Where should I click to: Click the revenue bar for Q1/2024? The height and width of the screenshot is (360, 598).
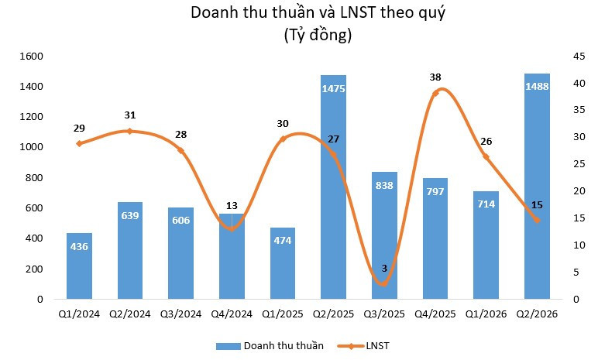79,266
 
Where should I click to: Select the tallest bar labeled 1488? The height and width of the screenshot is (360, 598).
537,186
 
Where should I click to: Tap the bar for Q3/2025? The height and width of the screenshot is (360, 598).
384,235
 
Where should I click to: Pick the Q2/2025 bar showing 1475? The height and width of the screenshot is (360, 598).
333,187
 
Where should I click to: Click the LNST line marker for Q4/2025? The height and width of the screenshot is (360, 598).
435,93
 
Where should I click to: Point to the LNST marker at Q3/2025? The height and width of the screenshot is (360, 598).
384,283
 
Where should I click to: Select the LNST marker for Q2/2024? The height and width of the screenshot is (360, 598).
129,131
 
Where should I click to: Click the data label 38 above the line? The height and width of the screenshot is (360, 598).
435,77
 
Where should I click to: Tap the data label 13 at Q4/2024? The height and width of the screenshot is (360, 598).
232,206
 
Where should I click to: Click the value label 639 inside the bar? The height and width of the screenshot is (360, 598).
130,215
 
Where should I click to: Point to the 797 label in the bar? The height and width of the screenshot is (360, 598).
435,191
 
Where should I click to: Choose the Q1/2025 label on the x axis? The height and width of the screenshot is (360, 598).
283,314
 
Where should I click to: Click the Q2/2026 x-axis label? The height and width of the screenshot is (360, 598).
537,314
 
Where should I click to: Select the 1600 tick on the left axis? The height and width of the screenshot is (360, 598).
31,56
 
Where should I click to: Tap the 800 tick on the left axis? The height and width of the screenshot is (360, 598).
34,177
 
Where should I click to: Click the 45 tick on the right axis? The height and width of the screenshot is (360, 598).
579,56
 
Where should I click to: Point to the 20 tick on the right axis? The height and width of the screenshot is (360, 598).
579,190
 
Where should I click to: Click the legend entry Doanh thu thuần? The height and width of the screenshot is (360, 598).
270,346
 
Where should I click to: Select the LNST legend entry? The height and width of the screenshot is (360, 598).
363,346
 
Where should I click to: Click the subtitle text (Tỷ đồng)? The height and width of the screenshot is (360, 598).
318,35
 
